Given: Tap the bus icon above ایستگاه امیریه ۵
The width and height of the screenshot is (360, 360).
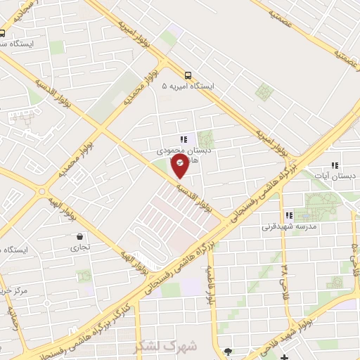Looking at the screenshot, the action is pos(188,75).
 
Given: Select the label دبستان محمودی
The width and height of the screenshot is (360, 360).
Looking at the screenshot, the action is pos(179,150).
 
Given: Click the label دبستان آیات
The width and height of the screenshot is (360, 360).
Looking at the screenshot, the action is pos(335,174).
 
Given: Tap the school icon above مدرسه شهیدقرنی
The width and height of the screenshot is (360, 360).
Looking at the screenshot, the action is pos(288,216).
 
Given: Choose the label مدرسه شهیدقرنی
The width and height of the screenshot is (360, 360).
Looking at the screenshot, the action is pos(290,227).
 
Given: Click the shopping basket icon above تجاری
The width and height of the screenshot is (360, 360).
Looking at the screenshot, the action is pos(79,237).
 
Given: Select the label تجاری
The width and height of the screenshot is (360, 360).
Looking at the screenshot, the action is pos(79,247).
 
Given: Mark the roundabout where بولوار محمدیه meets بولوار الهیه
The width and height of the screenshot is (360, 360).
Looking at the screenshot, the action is pos(44,190).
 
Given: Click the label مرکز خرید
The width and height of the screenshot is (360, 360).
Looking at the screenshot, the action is pos(14,290).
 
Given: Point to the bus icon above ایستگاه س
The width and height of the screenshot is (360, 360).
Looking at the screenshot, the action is pos(3,33).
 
